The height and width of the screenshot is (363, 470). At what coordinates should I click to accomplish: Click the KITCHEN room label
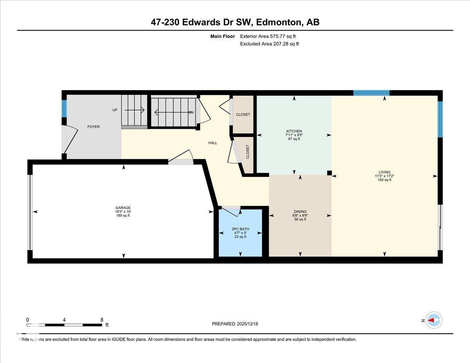[x=294, y=131]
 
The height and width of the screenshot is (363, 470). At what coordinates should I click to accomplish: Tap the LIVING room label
[x=384, y=172]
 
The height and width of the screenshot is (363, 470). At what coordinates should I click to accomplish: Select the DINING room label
[x=300, y=211]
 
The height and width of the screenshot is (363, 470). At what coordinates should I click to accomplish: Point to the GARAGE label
[x=123, y=208]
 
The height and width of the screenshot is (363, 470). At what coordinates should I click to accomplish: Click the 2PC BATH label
[x=240, y=229]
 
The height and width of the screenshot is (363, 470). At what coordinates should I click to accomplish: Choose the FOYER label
[x=93, y=127]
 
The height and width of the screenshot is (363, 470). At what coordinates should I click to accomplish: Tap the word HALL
[x=213, y=143]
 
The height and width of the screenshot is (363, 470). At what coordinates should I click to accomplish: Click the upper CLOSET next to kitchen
[x=243, y=115]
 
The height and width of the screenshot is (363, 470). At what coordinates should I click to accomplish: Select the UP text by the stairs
[x=115, y=110]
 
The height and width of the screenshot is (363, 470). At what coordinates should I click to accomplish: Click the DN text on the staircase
[x=191, y=112]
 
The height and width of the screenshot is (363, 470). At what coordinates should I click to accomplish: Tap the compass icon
[x=434, y=320]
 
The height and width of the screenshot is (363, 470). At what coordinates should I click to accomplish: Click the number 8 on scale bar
[x=102, y=320]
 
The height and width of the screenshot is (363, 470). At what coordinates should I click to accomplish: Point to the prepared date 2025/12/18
[x=235, y=324]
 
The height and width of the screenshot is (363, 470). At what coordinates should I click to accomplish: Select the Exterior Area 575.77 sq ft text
[x=268, y=36]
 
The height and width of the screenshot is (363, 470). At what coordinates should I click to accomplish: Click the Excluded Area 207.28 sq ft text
[x=269, y=44]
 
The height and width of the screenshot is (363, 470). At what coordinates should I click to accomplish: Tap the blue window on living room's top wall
[x=371, y=93]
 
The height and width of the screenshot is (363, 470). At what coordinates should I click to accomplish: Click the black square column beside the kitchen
[x=329, y=173]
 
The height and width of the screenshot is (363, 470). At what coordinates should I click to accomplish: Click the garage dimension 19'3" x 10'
[x=123, y=212]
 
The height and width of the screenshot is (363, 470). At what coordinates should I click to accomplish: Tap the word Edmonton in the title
[x=278, y=22]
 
